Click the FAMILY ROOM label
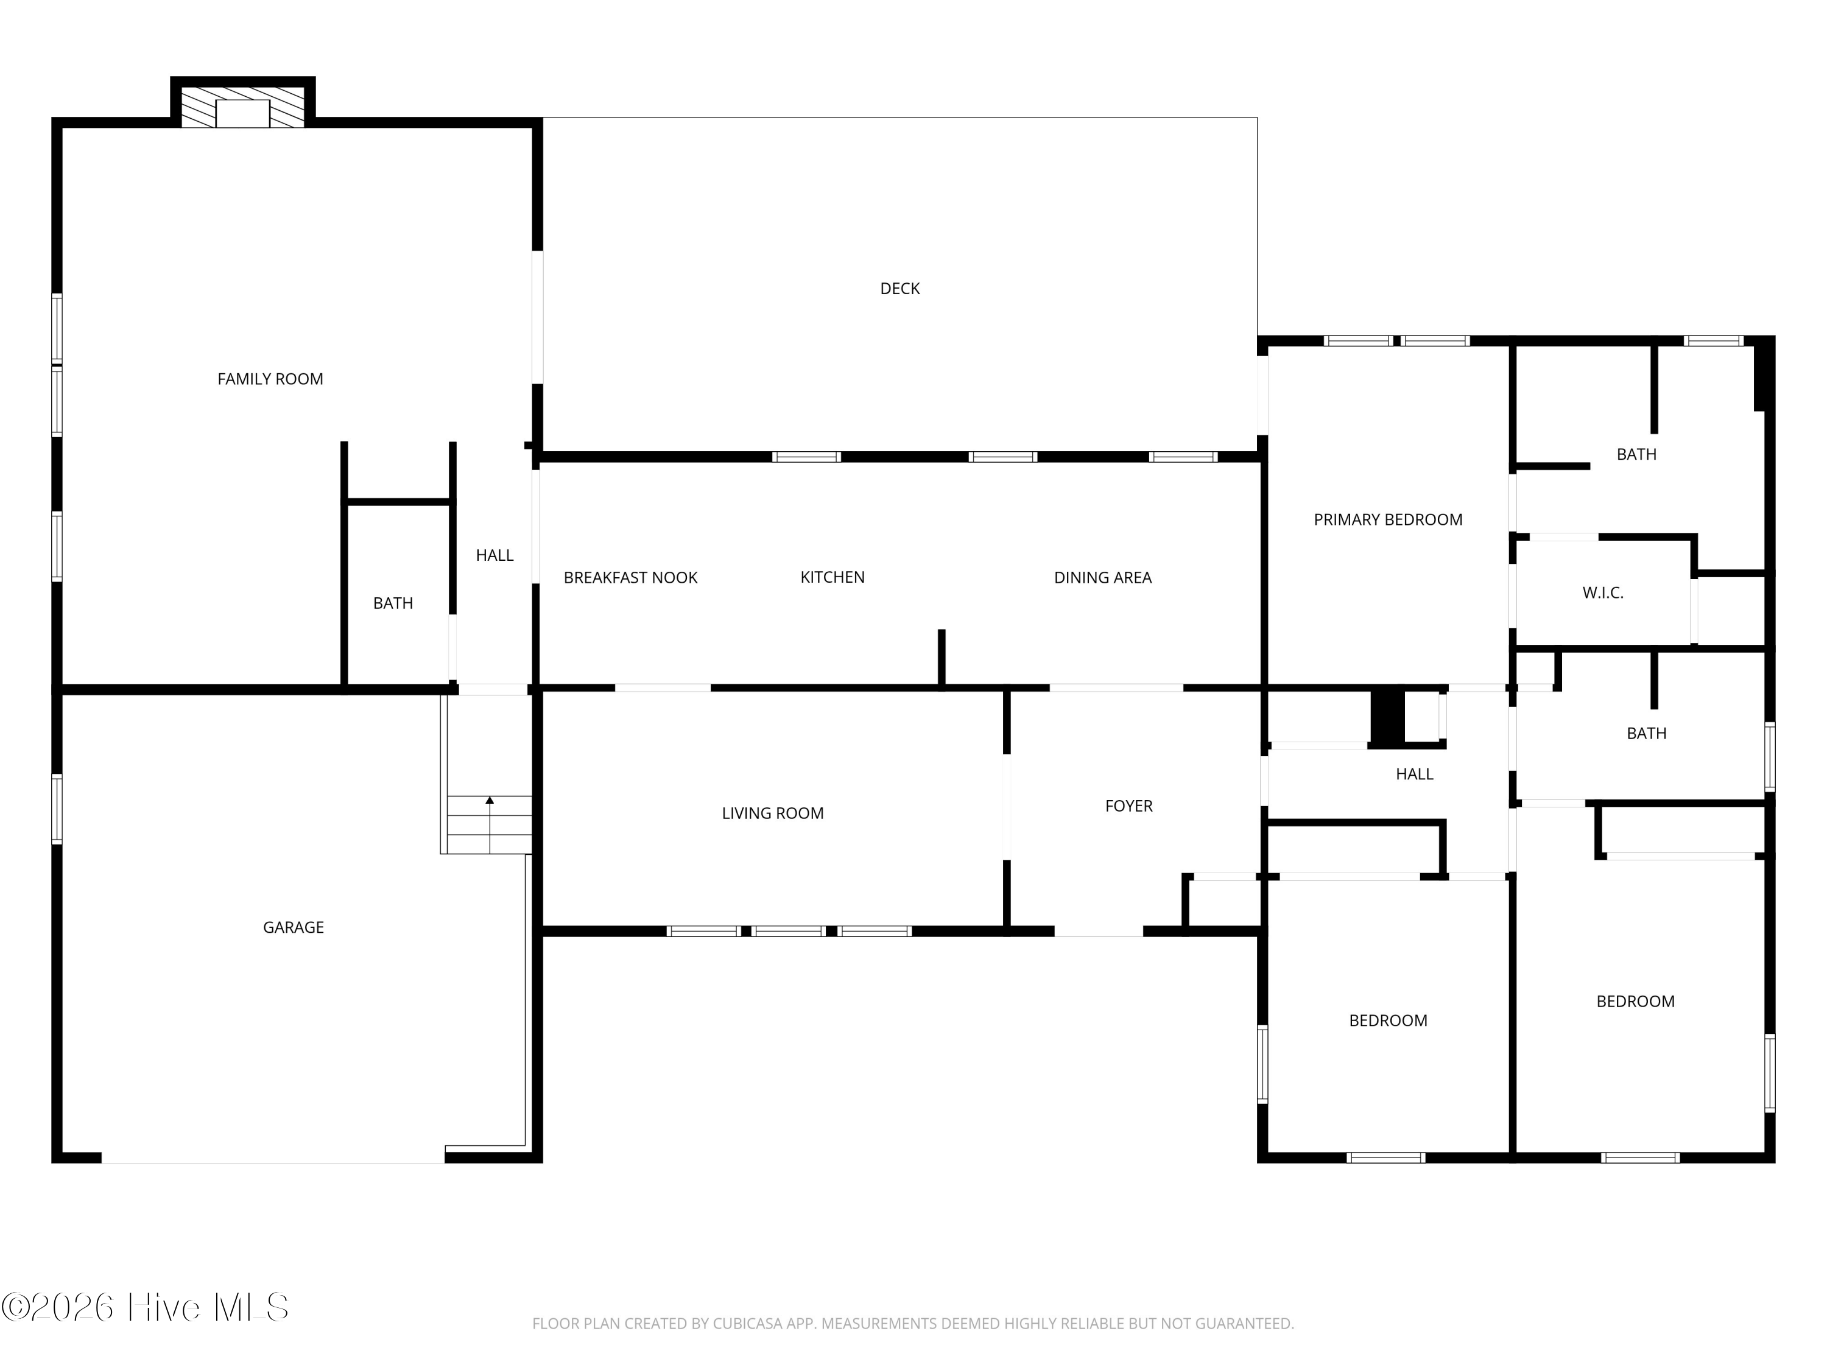click(270, 379)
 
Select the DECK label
click(899, 288)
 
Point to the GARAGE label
click(293, 927)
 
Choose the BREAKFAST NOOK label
click(630, 578)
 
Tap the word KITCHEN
click(833, 577)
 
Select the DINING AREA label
click(1103, 578)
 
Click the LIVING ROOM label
click(772, 813)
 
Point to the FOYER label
click(1128, 806)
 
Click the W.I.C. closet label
click(1602, 593)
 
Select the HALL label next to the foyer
click(1414, 774)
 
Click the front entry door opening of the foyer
click(1099, 932)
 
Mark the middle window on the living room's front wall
click(788, 932)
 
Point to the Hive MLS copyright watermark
click(146, 1307)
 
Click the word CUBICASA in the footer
click(749, 1324)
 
